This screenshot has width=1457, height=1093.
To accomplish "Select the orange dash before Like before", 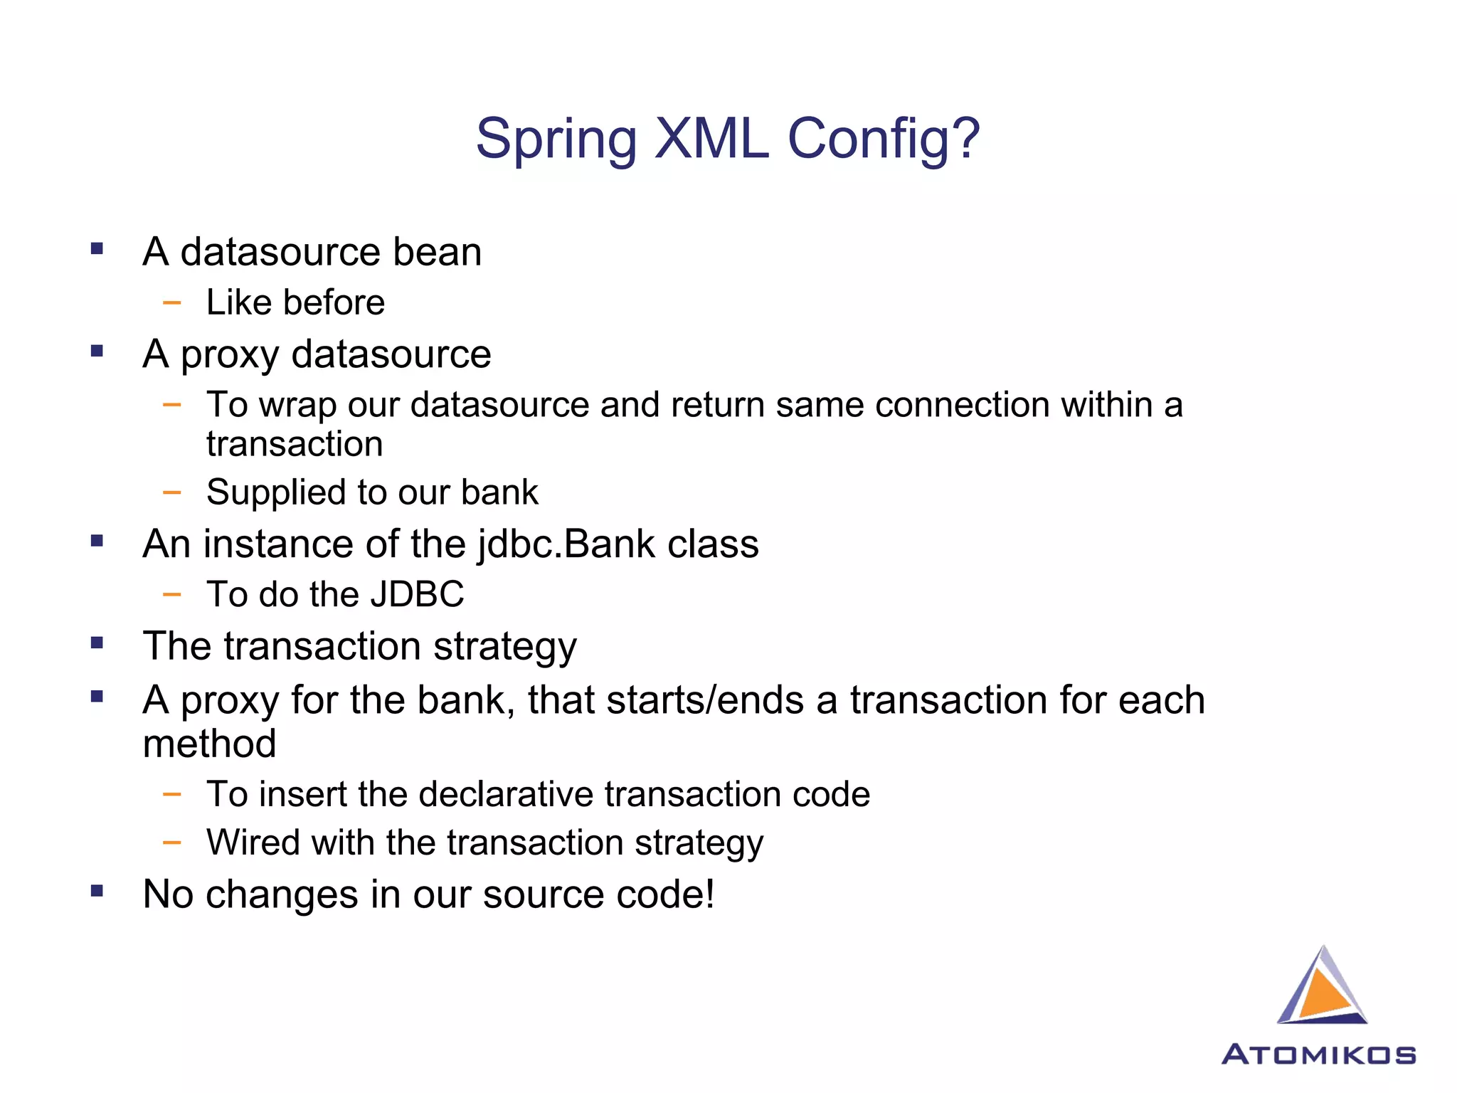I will click(171, 303).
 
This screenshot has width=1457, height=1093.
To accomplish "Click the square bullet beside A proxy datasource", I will click(97, 351).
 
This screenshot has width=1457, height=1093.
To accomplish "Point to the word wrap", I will click(297, 406).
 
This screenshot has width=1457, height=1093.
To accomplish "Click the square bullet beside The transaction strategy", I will click(97, 643).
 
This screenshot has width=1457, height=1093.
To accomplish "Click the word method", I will click(209, 744).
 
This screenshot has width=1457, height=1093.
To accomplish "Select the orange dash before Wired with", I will click(171, 843).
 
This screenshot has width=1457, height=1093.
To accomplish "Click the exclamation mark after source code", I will click(709, 894).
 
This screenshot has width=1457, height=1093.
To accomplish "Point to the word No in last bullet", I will click(168, 894).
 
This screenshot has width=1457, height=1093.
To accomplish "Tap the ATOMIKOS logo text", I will click(1318, 1054).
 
